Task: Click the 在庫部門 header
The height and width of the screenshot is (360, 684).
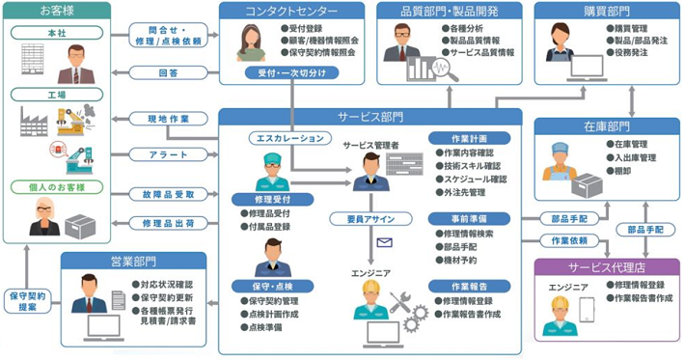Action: [x=607, y=125]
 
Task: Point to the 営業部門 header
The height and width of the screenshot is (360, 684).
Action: [x=133, y=261]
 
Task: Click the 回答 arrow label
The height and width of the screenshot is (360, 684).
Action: [x=167, y=72]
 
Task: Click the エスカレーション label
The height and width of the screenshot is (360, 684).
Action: [x=287, y=138]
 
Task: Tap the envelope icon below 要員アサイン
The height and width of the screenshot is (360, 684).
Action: [x=385, y=242]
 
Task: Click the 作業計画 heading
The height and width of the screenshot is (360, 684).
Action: [x=468, y=138]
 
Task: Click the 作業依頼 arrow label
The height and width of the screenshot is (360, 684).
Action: [x=569, y=240]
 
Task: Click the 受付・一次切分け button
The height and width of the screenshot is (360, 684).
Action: [x=278, y=72]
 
